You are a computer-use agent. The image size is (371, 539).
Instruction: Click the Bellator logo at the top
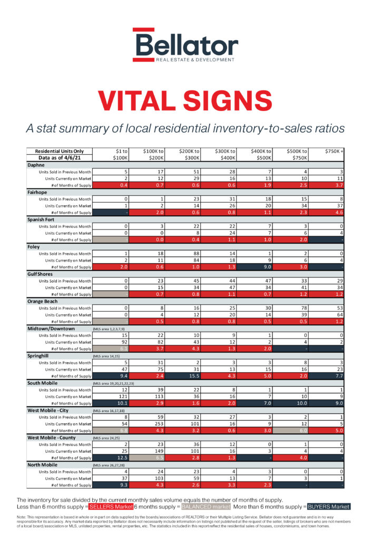[185, 46]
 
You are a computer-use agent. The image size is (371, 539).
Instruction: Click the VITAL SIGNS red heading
[185, 102]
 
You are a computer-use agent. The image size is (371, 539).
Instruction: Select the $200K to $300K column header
[188, 154]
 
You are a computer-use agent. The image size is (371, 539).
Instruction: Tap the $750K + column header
[334, 151]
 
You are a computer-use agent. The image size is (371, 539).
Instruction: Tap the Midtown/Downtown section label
[51, 328]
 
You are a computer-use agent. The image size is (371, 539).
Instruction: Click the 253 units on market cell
[151, 424]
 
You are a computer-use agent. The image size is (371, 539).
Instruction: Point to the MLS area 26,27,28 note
[110, 465]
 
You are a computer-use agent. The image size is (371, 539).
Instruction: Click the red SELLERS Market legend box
[110, 506]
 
